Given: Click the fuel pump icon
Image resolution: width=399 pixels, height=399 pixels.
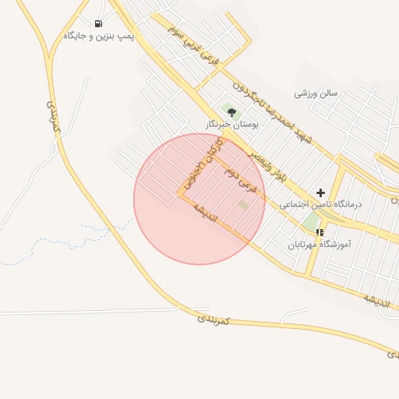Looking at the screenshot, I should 97,23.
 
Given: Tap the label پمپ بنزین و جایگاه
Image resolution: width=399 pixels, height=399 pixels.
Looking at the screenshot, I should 99,36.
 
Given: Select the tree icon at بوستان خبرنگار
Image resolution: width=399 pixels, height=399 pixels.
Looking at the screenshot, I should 231,113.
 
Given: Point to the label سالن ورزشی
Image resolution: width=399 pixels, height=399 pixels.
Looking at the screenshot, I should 316,93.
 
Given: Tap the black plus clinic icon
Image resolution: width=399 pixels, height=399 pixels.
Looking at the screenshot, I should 320,192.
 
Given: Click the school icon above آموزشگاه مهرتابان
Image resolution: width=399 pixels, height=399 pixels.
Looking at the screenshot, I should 320,232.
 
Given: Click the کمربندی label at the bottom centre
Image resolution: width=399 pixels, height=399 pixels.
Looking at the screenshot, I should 214,319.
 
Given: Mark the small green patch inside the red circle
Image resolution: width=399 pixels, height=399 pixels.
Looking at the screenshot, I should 244,204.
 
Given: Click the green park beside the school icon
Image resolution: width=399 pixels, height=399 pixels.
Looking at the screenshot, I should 311,221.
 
